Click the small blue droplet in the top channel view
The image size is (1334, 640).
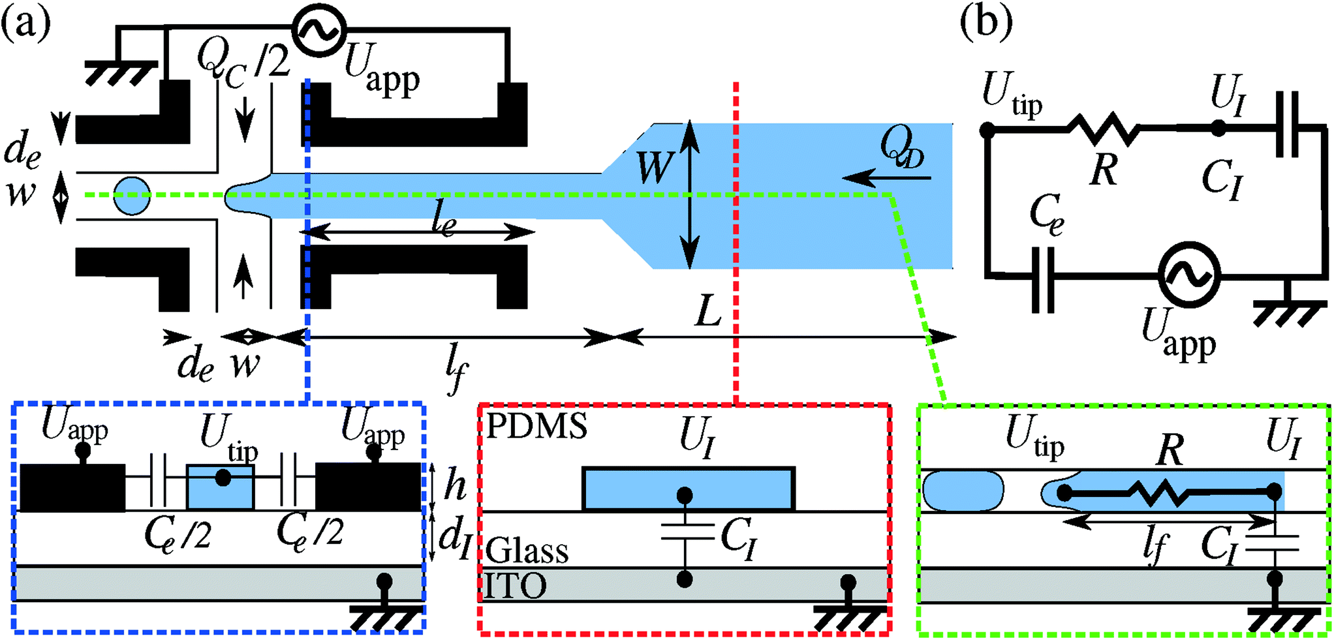132,195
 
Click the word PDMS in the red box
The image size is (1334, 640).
536,426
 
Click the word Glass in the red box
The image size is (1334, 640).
527,551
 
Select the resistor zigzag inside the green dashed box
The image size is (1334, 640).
1168,494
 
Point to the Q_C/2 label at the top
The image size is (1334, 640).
241,62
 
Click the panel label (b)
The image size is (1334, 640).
986,23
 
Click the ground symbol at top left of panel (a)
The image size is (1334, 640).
121,72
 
